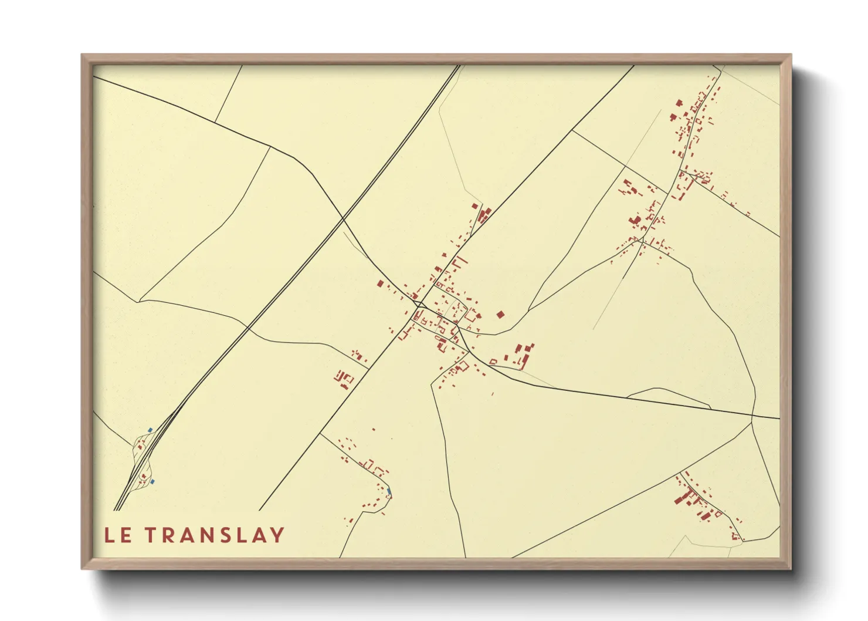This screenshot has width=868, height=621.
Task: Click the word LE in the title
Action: pos(117,535)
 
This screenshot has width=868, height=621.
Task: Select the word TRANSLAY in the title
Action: pos(215,535)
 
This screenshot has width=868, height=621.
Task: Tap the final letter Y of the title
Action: pos(277,535)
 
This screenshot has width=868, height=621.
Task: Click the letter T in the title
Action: pos(150,535)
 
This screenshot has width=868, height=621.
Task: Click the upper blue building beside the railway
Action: pos(150,430)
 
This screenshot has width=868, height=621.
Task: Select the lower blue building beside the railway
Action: pos(152,482)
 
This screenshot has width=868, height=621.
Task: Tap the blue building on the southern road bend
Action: pos(389,491)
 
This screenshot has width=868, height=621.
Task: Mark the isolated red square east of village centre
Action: pos(500,315)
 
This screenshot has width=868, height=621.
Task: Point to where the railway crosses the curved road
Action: pos(343,220)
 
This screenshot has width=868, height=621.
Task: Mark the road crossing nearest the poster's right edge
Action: pos(752,418)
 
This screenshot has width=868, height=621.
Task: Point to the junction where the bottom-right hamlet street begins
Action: pos(680,473)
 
